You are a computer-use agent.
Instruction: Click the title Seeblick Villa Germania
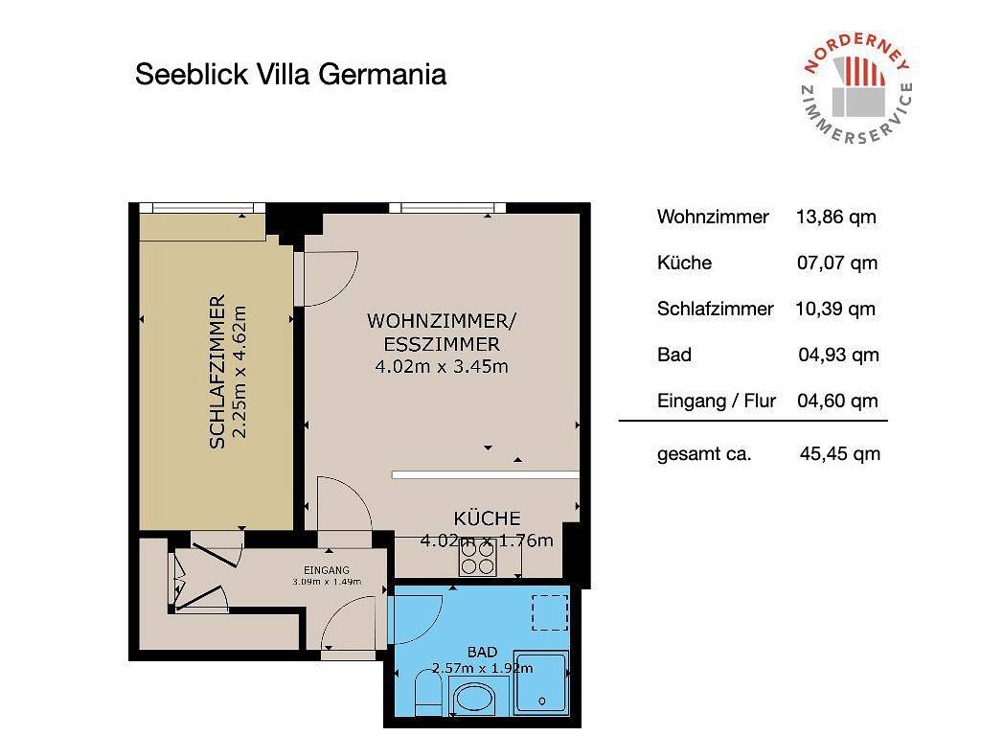(x=290, y=75)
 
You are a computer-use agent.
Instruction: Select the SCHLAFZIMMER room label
(x=217, y=372)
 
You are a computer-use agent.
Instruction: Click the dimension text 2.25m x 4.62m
(x=240, y=372)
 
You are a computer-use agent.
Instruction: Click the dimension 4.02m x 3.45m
(x=442, y=366)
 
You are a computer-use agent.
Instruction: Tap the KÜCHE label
(x=487, y=518)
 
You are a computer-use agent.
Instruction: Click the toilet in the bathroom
(x=426, y=693)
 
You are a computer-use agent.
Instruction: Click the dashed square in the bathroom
(x=549, y=611)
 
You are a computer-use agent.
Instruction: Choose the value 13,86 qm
(x=835, y=217)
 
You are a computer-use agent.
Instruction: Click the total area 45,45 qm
(x=839, y=454)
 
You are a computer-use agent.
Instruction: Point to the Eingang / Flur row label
(x=717, y=401)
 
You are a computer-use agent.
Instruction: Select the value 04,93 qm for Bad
(x=837, y=355)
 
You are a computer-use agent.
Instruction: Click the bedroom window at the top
(x=201, y=208)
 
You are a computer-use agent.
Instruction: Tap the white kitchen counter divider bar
(x=485, y=474)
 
